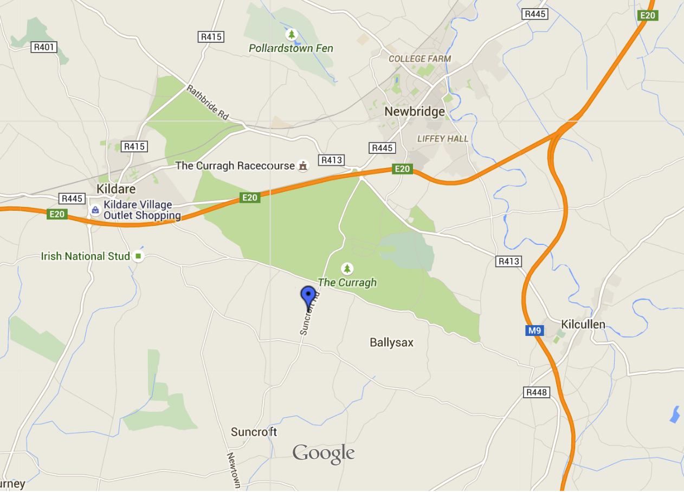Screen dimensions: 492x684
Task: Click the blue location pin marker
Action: (308, 296)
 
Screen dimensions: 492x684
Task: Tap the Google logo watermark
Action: (324, 454)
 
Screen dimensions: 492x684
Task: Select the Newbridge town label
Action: (415, 112)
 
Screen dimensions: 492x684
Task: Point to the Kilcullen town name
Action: (583, 325)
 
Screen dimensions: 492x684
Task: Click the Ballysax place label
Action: (391, 342)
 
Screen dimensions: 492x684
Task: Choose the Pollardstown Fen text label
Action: (291, 48)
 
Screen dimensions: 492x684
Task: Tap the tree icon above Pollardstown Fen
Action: (292, 35)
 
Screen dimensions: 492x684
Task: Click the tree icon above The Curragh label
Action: (347, 268)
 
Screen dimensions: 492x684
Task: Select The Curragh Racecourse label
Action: (235, 166)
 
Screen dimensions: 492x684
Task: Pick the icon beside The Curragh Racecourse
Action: (303, 166)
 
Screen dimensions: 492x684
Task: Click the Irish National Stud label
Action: (86, 256)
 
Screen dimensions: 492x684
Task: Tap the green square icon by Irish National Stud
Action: (138, 256)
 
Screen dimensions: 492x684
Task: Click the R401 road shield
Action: (44, 47)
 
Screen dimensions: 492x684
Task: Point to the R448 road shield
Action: (537, 392)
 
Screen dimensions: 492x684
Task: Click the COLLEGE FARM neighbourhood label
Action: (420, 59)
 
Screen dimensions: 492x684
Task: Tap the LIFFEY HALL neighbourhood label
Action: (442, 139)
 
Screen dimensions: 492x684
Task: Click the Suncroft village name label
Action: (254, 432)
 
